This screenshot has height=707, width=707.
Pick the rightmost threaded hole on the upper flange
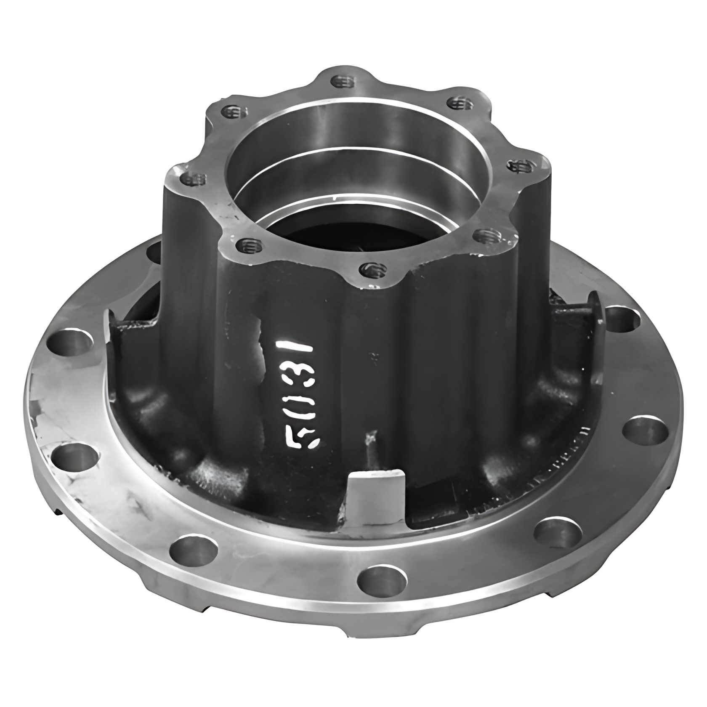click(520, 167)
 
